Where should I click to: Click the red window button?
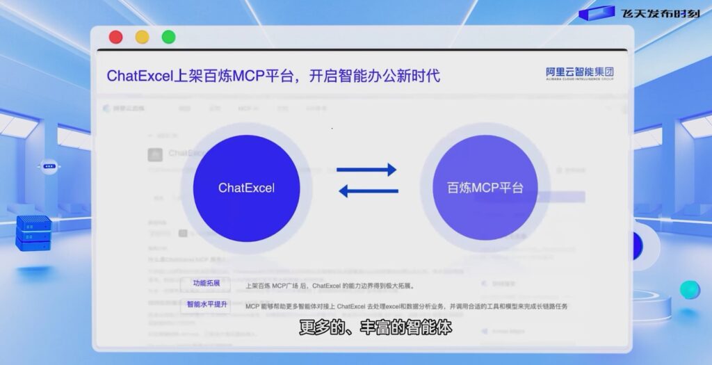pyautogui.click(x=116, y=38)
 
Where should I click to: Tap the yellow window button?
pyautogui.click(x=142, y=38)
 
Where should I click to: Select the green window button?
pyautogui.click(x=168, y=38)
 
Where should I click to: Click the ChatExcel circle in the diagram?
pyautogui.click(x=246, y=188)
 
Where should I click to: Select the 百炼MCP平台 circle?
pyautogui.click(x=485, y=188)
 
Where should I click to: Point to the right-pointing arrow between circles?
pyautogui.click(x=366, y=170)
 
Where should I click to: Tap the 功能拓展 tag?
pyautogui.click(x=206, y=284)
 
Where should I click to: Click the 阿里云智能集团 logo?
pyautogui.click(x=579, y=74)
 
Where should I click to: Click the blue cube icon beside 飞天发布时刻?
pyautogui.click(x=596, y=13)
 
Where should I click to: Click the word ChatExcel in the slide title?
pyautogui.click(x=138, y=75)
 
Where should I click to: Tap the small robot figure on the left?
pyautogui.click(x=49, y=167)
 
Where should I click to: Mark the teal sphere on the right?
pyautogui.click(x=690, y=290)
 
